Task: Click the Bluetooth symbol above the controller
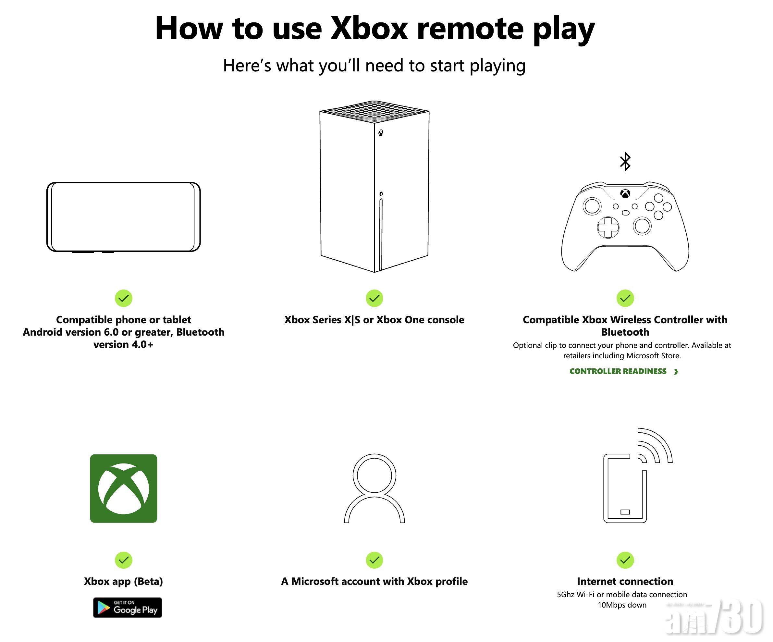(x=625, y=162)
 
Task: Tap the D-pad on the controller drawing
(x=608, y=227)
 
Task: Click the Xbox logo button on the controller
(x=625, y=193)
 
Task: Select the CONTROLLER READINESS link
(x=623, y=371)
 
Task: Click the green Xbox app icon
(x=124, y=488)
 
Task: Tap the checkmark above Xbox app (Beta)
(x=124, y=560)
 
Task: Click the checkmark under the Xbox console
(x=374, y=298)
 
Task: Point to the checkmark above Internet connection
(x=625, y=560)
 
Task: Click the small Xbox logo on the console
(x=381, y=133)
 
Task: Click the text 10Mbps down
(x=622, y=605)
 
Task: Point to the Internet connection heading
(x=625, y=581)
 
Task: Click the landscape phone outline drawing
(x=124, y=217)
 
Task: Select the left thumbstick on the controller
(x=592, y=206)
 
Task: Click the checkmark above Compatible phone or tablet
(x=124, y=298)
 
